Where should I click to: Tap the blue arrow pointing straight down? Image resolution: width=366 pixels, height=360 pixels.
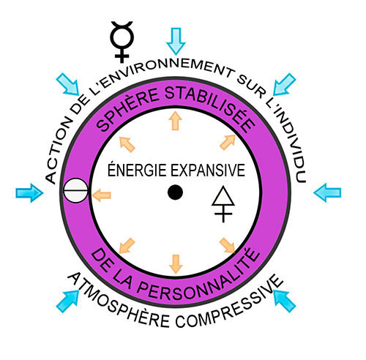tap(175, 34)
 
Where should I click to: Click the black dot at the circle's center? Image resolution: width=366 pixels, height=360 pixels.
tap(175, 192)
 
